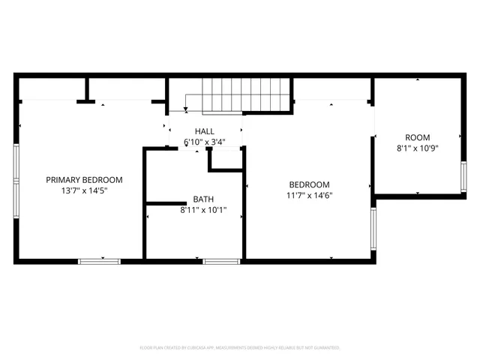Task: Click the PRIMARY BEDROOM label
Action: point(84,180)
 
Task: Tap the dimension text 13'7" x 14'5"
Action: point(84,191)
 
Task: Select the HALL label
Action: point(204,131)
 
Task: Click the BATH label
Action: point(203,199)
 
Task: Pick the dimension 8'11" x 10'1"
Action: point(203,211)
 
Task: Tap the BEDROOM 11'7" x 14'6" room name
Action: point(310,184)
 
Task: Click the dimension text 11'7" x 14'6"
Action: point(310,196)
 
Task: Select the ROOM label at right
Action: point(418,137)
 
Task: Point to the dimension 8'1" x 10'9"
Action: point(418,148)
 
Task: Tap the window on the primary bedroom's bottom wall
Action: point(99,260)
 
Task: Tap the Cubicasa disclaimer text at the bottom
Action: point(240,348)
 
